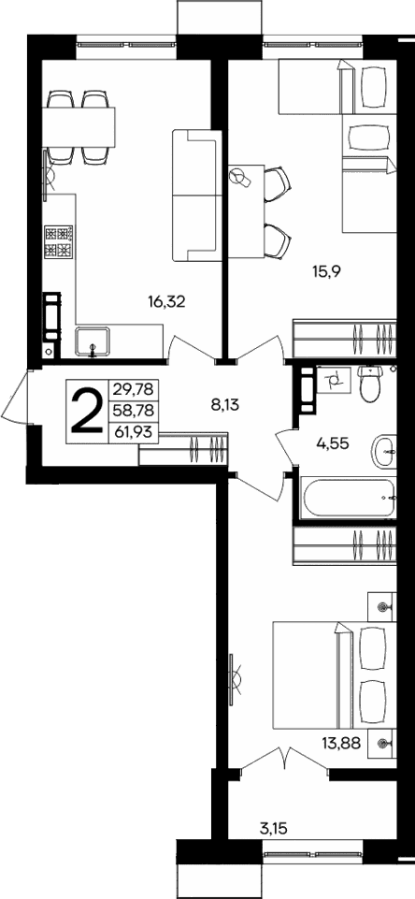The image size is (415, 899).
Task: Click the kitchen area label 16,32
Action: point(166,301)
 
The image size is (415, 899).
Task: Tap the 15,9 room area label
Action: point(326,272)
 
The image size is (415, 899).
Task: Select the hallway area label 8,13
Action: point(227,405)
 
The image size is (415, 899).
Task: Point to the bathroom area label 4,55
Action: point(325,445)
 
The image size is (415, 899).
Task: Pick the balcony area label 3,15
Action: point(274,827)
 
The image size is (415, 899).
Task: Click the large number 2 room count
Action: point(87,412)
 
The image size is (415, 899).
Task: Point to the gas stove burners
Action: point(59,242)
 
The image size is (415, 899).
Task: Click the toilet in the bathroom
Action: point(371,384)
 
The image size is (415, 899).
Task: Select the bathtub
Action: point(347,497)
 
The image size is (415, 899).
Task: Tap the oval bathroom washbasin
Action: point(385,451)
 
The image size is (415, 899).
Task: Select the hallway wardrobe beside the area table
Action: point(183,448)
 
